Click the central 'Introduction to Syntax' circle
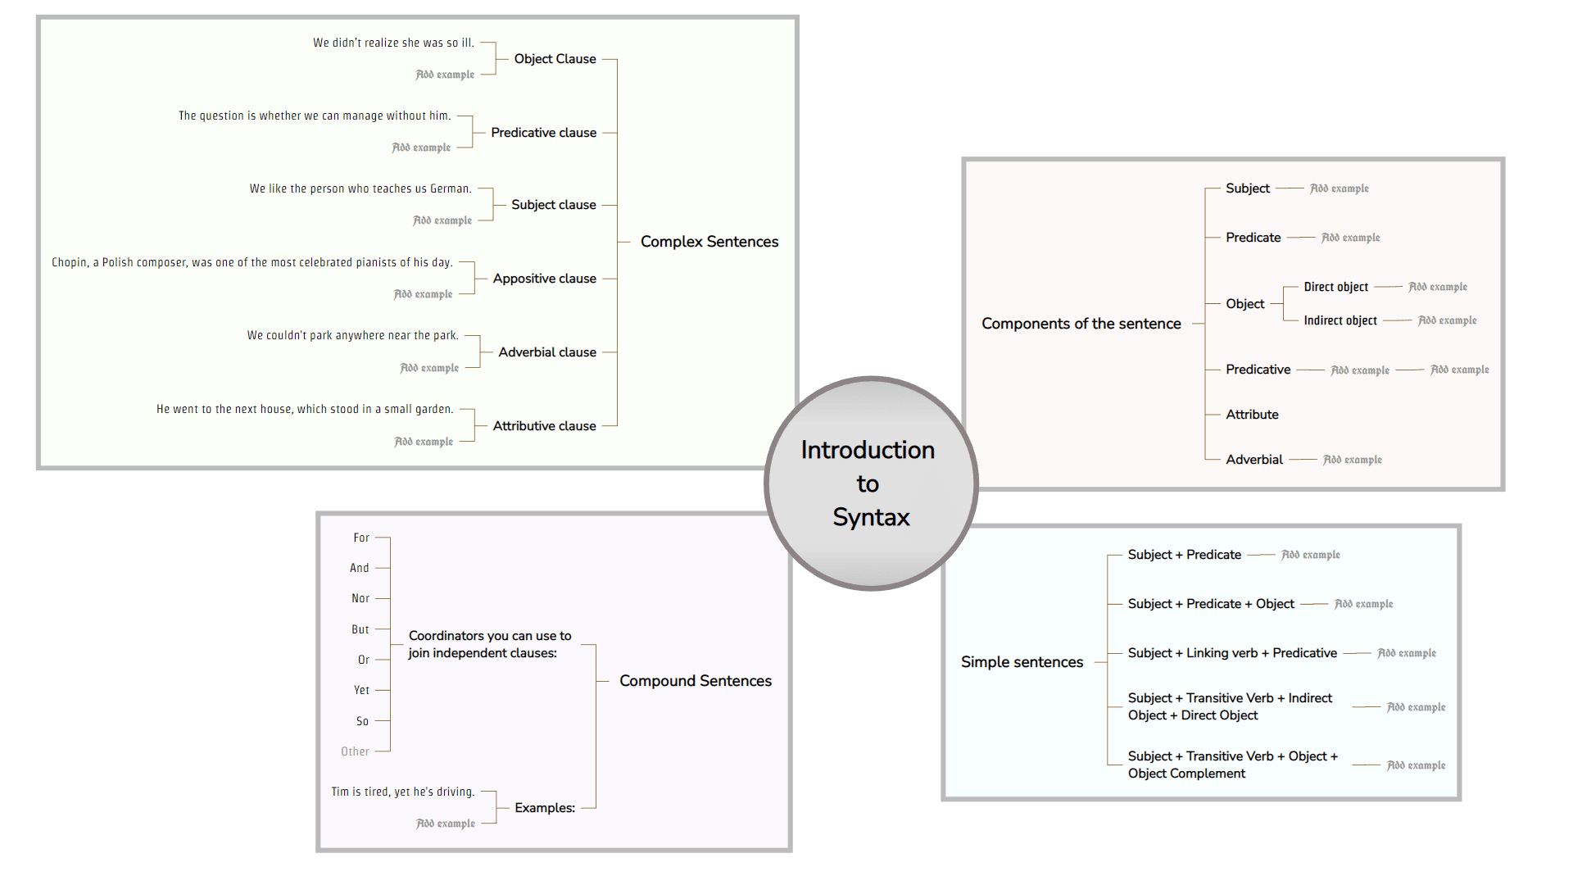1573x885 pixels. coord(871,483)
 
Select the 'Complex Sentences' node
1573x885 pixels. coord(709,242)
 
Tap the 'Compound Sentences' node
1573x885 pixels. coord(695,681)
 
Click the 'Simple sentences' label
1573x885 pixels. coord(1022,662)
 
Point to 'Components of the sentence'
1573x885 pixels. coord(1081,324)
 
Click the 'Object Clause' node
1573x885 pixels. coord(555,59)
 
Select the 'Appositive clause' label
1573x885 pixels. coord(544,279)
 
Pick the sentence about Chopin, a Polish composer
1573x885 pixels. coord(252,262)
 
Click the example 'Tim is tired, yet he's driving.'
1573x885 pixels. coord(402,792)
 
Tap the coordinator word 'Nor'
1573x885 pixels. coord(360,598)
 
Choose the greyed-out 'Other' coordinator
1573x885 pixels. coord(355,751)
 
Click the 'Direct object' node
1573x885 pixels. coord(1335,287)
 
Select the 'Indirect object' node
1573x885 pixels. coord(1340,320)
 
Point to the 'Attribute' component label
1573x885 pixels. coord(1251,415)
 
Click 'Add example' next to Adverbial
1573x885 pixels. coord(1352,460)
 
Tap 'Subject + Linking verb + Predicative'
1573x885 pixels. coord(1231,653)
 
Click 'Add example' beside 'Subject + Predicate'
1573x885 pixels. coord(1310,555)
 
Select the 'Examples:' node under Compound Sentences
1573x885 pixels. coord(544,808)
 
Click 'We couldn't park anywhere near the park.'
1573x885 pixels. coord(352,335)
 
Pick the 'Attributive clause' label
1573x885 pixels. coord(544,426)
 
